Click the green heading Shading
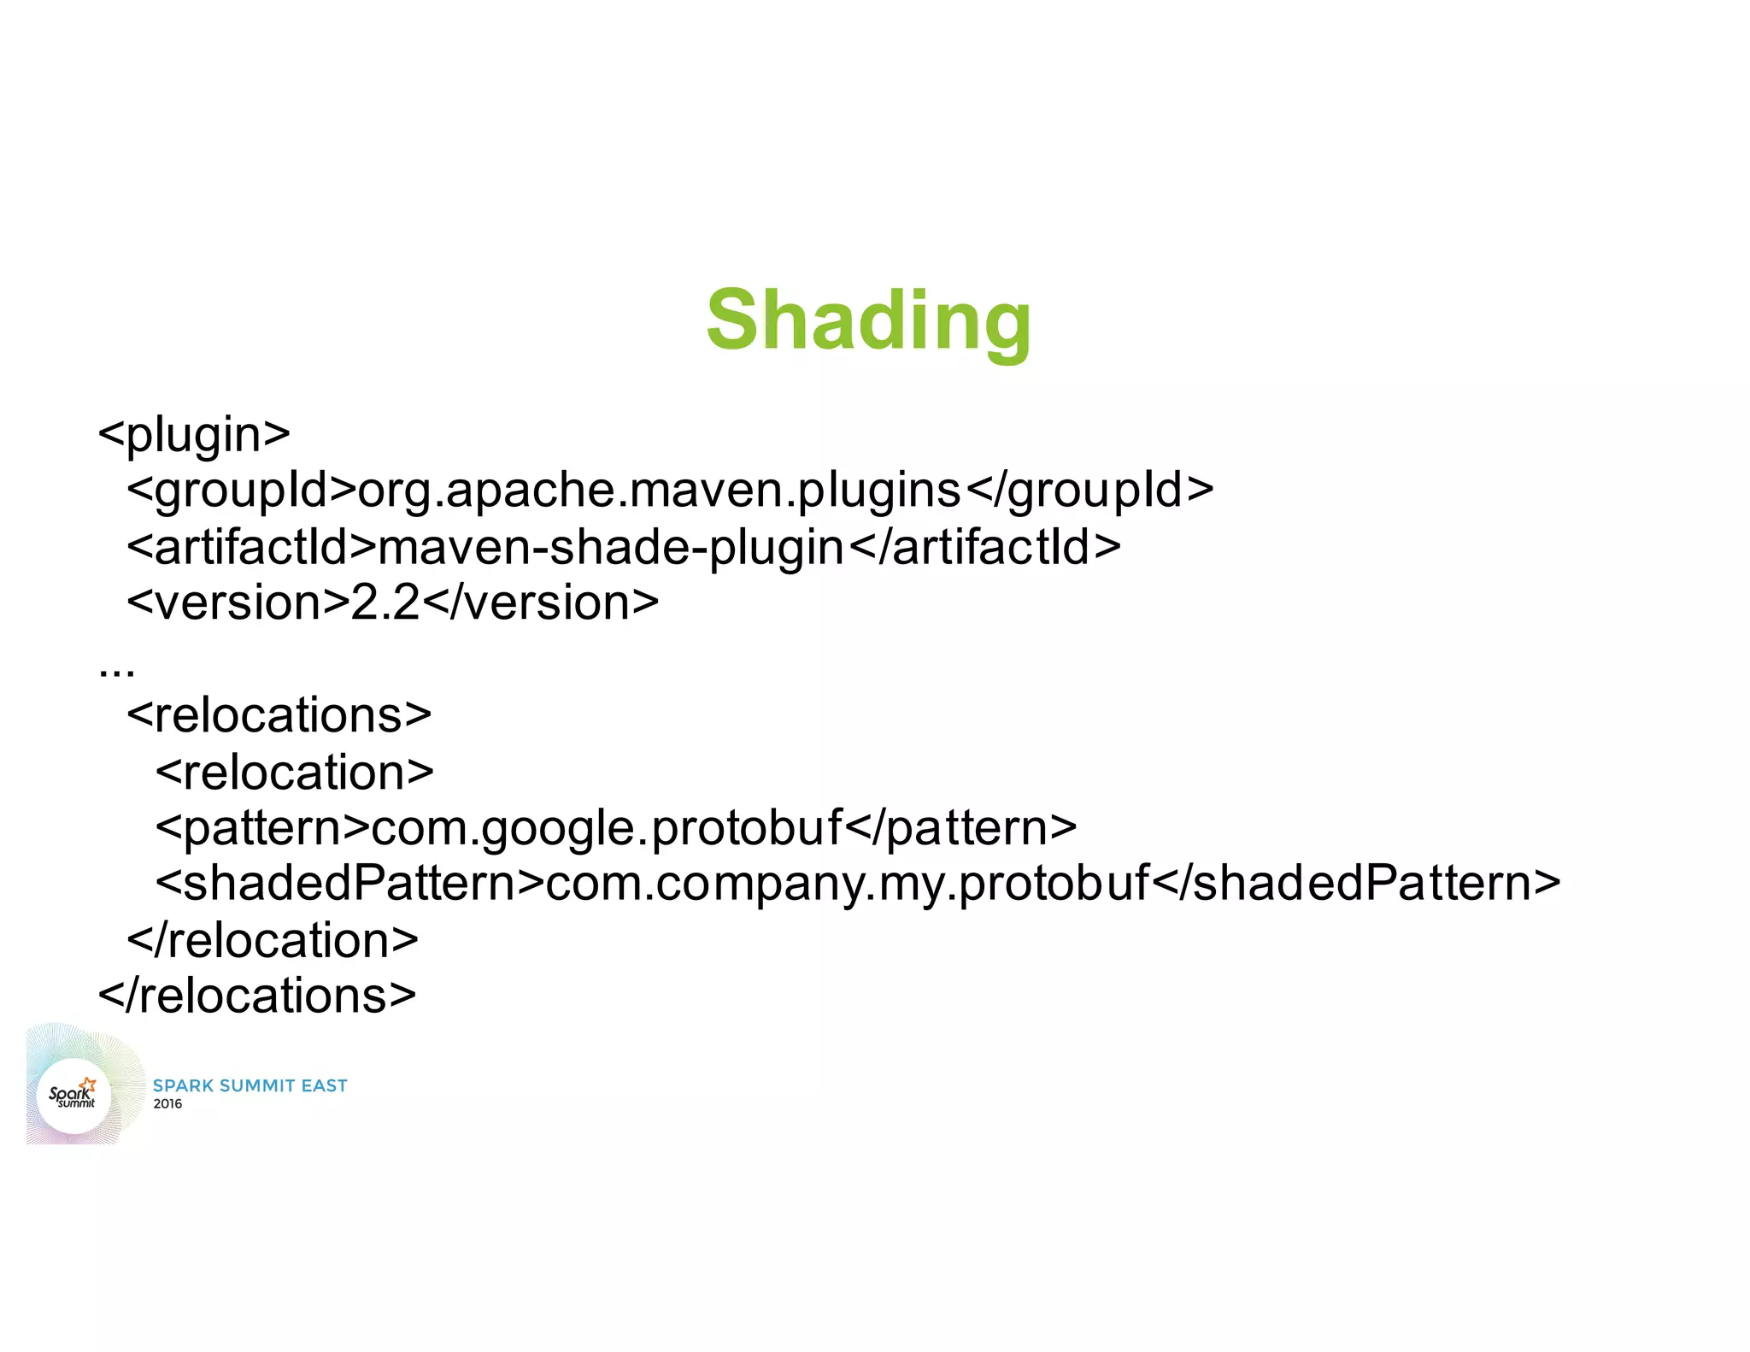869,320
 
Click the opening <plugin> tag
194,434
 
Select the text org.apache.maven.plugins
660,491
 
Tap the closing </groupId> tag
1089,491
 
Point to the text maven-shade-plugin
611,547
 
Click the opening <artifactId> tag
251,547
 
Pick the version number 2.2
385,603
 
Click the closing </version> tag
541,603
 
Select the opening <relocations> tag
279,715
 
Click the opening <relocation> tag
294,772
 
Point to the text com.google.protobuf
607,827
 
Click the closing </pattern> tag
960,827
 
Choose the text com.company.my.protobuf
847,883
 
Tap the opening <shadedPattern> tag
349,883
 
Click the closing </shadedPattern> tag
1356,883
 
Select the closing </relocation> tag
273,940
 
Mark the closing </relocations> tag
257,996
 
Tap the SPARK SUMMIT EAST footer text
250,1085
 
